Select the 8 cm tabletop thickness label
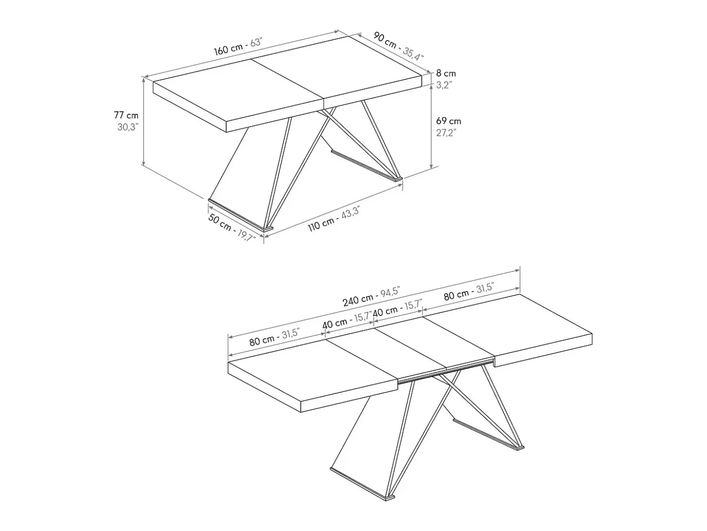point(446,74)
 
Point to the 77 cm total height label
point(126,115)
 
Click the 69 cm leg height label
point(448,121)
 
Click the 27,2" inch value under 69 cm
point(446,132)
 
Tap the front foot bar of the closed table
point(240,215)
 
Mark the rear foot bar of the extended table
point(488,435)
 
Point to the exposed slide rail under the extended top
point(446,372)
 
